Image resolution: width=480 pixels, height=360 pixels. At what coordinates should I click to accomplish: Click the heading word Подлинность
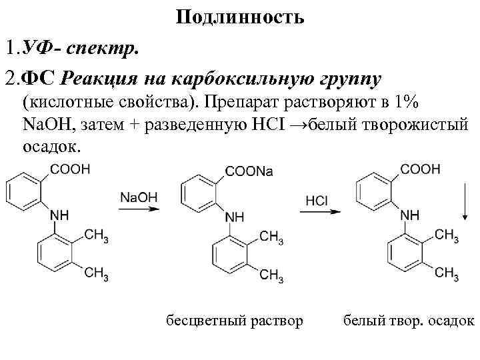(x=240, y=17)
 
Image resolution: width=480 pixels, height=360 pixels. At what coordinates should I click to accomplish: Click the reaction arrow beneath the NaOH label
(x=139, y=210)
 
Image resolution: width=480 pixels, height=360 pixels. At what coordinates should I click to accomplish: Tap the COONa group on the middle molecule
(x=249, y=172)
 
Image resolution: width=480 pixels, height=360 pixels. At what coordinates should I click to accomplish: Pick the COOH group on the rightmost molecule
(x=421, y=169)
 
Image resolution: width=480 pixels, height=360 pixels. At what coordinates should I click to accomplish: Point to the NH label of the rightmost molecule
(x=410, y=215)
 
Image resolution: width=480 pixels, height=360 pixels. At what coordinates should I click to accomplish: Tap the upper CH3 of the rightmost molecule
(x=447, y=235)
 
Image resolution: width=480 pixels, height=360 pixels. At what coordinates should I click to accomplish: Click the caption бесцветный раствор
(x=234, y=320)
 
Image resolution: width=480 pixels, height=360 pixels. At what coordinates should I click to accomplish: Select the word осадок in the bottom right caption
(x=450, y=320)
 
